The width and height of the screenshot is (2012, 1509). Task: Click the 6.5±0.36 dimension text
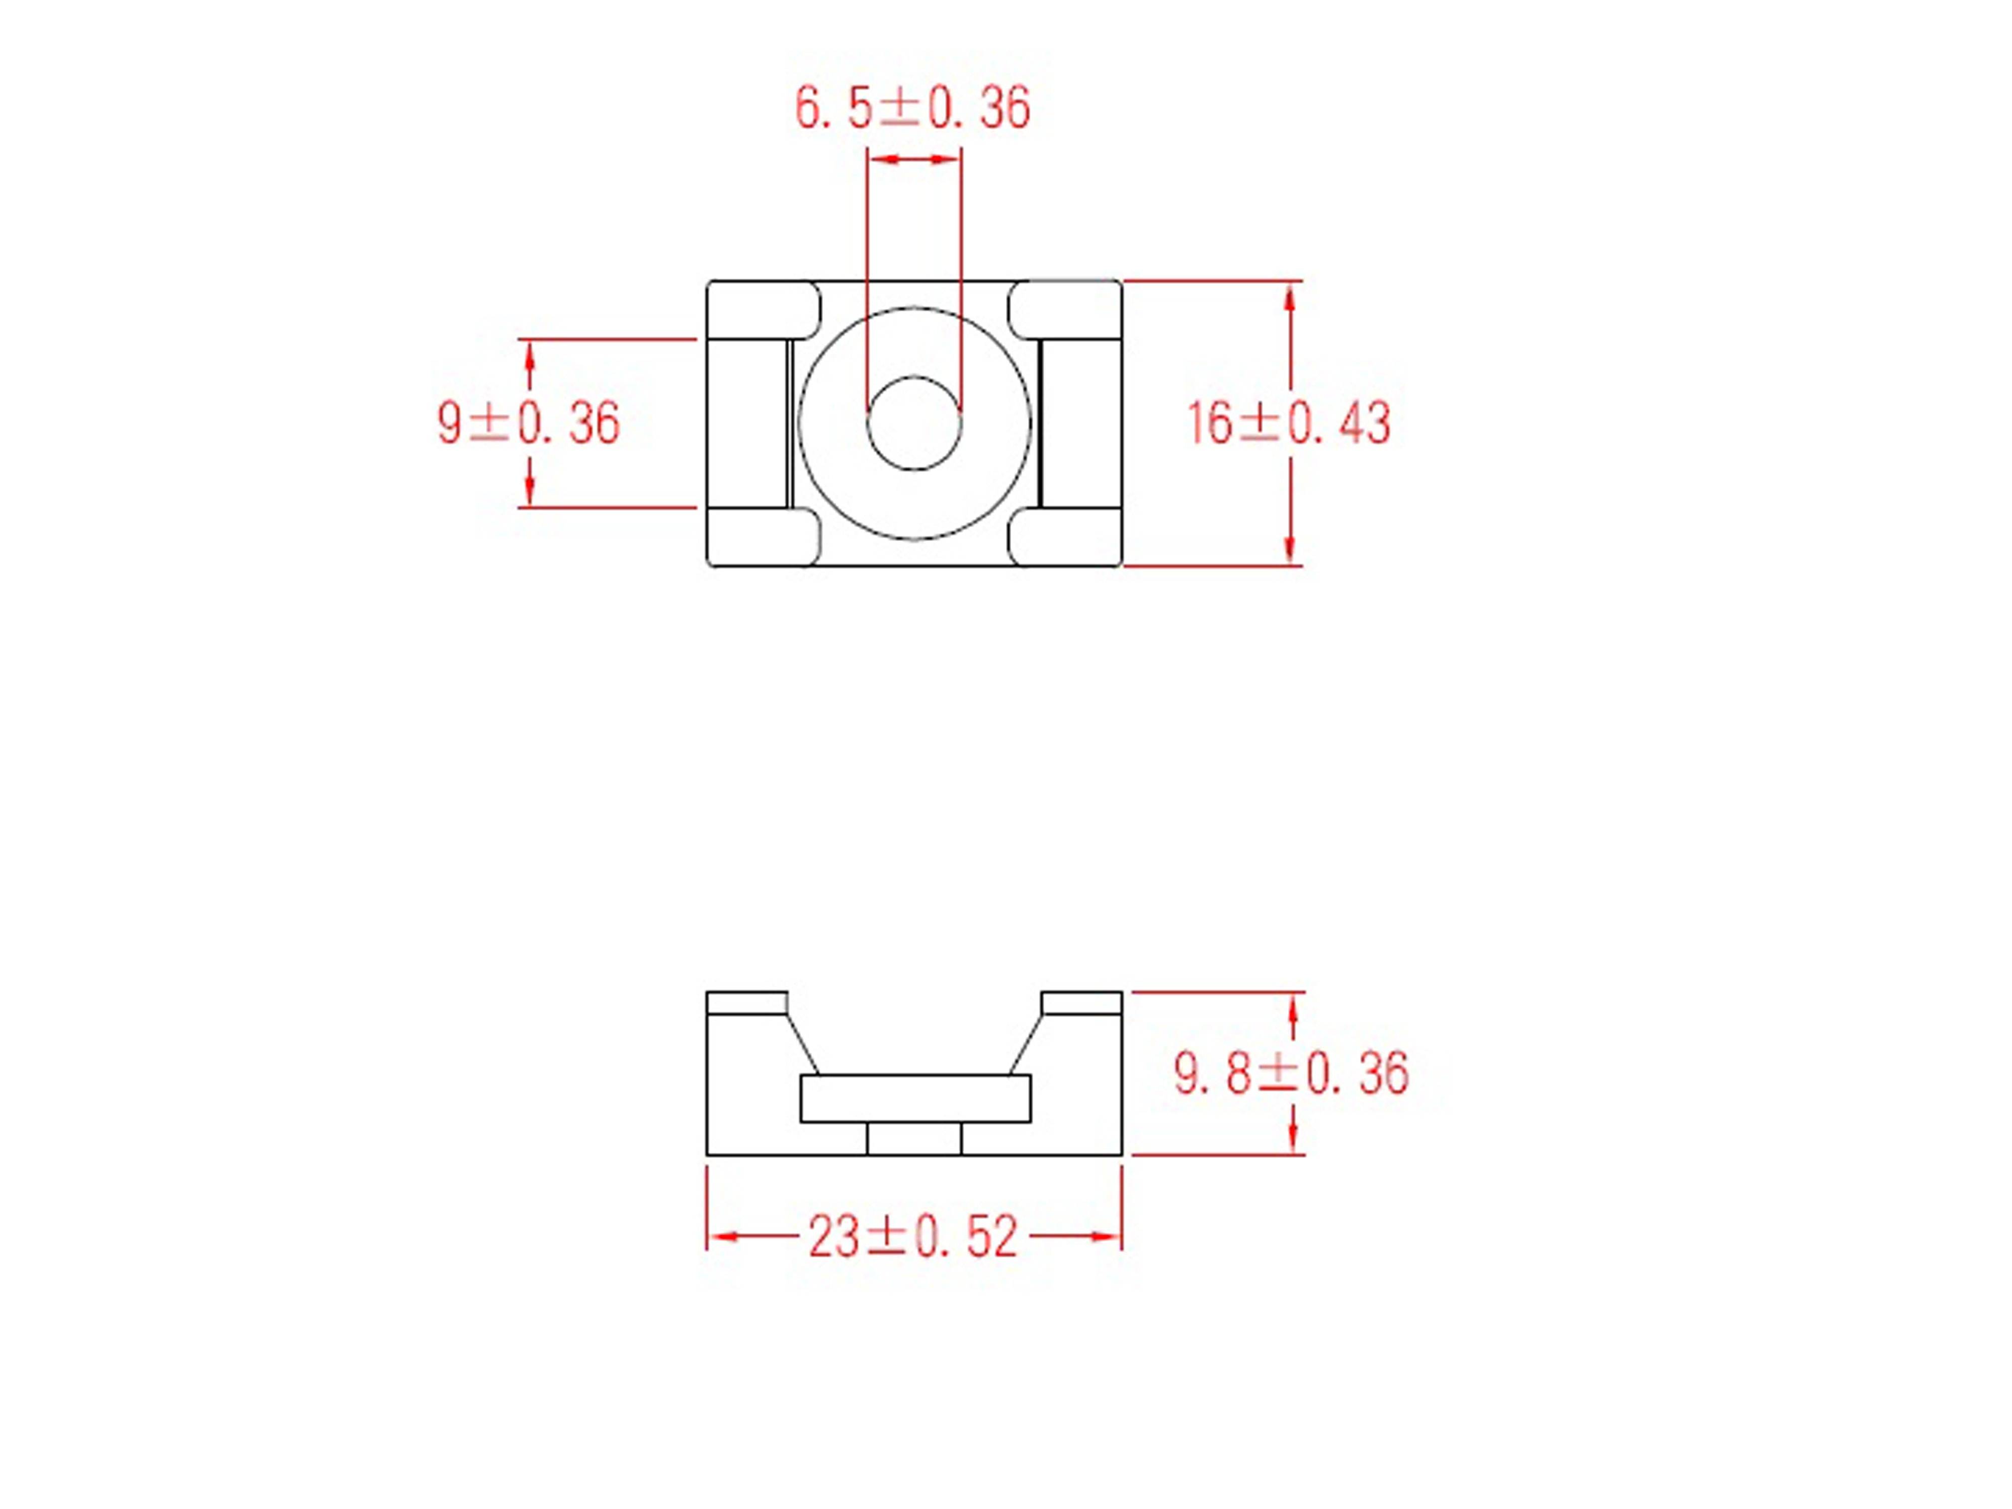click(x=912, y=108)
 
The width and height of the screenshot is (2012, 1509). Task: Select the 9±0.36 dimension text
click(x=529, y=423)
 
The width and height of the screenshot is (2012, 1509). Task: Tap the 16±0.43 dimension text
click(x=1289, y=423)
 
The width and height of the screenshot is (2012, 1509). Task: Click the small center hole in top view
click(x=914, y=423)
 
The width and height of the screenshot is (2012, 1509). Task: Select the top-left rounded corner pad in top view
click(x=762, y=309)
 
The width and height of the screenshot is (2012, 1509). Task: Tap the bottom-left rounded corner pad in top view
click(x=762, y=537)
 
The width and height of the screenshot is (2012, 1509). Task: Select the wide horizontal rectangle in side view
click(x=915, y=1099)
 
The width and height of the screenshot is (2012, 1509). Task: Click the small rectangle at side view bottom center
click(x=914, y=1139)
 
